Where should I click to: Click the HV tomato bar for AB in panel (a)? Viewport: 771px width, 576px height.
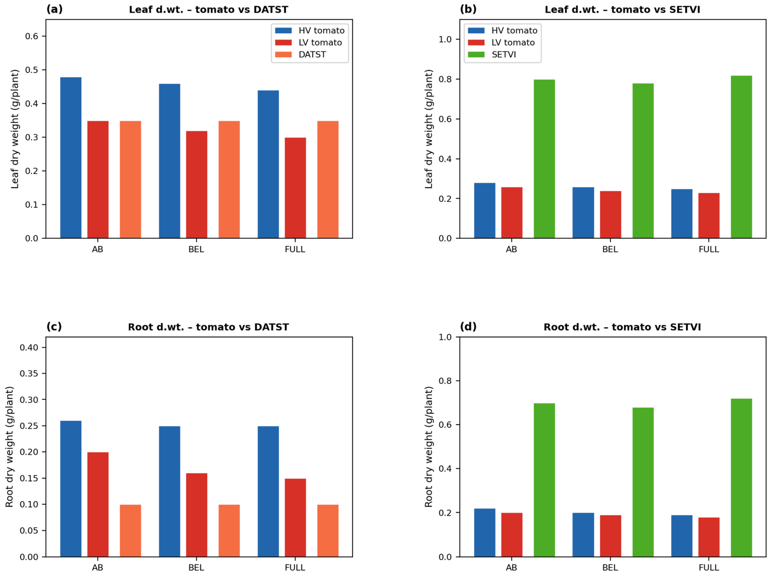[x=71, y=158]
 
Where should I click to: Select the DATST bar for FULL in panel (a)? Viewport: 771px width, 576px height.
[x=328, y=180]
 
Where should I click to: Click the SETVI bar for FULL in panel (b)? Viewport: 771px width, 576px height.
[x=741, y=157]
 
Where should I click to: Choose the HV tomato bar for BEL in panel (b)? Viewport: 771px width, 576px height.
[x=583, y=213]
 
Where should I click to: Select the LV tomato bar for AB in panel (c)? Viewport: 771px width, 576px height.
[x=98, y=505]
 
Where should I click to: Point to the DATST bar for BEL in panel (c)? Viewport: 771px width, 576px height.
[x=229, y=531]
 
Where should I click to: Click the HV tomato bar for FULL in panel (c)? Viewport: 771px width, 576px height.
[x=268, y=492]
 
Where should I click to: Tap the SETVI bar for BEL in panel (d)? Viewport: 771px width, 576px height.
[x=643, y=482]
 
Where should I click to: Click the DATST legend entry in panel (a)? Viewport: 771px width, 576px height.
[x=300, y=54]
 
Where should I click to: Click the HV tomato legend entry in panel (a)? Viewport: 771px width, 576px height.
[x=310, y=30]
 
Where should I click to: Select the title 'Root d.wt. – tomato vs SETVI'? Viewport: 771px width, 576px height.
[x=622, y=327]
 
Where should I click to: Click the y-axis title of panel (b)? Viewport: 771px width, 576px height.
[x=429, y=129]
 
